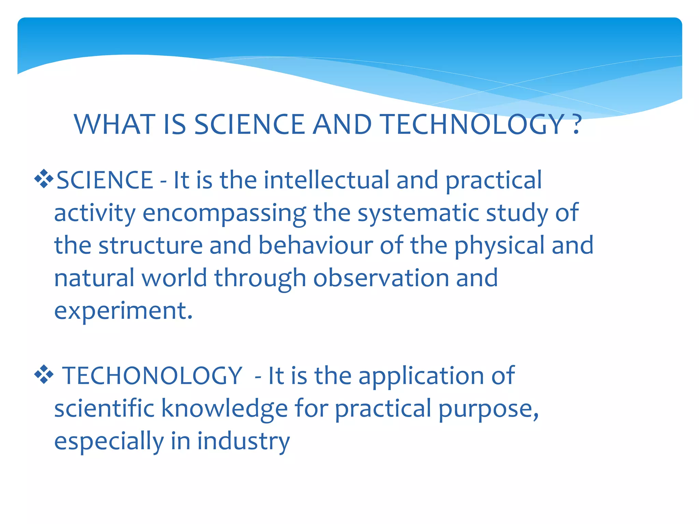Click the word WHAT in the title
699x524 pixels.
[x=115, y=125]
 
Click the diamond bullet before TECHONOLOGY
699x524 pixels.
[x=44, y=374]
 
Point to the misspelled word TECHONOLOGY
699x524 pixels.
[x=152, y=376]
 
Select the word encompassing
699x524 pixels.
[x=224, y=213]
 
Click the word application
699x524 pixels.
[x=422, y=376]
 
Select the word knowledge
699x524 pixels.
[x=224, y=408]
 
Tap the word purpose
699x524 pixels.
[x=488, y=408]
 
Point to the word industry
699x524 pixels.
[x=243, y=441]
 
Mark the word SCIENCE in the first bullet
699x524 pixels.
[x=104, y=180]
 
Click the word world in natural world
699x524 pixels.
[x=174, y=278]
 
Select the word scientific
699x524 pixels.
[x=104, y=408]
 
